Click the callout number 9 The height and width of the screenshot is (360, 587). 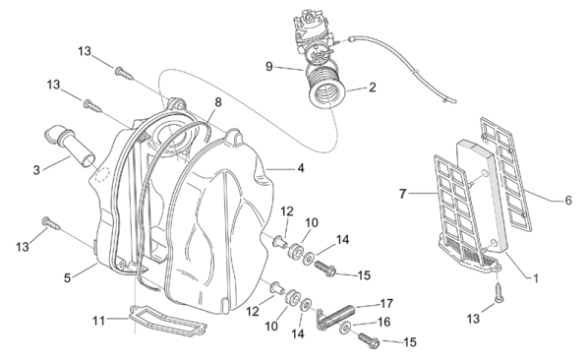[x=269, y=67]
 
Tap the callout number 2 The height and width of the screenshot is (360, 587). [x=372, y=88]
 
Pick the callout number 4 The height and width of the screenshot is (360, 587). [x=301, y=168]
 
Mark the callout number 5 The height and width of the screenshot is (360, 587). [x=68, y=278]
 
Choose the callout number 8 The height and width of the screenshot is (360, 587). [x=218, y=102]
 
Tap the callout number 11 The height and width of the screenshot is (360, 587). [x=99, y=321]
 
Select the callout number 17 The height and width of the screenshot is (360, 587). [x=386, y=303]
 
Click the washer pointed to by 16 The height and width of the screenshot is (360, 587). [x=345, y=329]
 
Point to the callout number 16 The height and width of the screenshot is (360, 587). [x=383, y=322]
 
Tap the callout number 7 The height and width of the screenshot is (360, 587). [x=403, y=194]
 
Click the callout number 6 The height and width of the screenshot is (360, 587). [x=568, y=201]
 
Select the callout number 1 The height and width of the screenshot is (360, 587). [x=535, y=278]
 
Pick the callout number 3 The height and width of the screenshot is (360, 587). [x=36, y=170]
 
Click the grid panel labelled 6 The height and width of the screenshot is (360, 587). [x=506, y=173]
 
